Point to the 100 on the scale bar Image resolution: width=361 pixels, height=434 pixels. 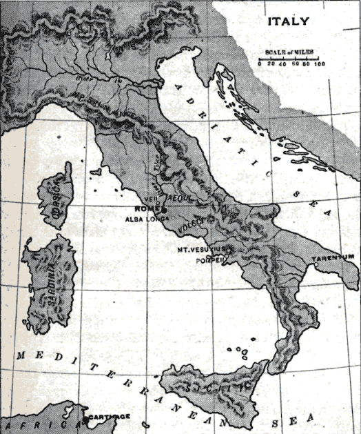pos(319,64)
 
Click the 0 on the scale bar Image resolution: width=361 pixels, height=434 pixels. pos(260,64)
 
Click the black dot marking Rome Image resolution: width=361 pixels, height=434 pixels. pos(164,210)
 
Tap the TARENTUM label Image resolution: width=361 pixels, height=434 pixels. pos(333,256)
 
